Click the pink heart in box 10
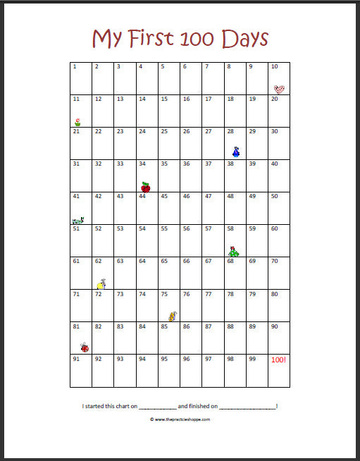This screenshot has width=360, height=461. (280, 89)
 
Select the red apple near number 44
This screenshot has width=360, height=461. (146, 187)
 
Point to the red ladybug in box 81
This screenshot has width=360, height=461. (85, 347)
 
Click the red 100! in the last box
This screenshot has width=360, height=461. (279, 359)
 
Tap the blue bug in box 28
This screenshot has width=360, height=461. (236, 152)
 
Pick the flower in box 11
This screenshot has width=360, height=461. (77, 122)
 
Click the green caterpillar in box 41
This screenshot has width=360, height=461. (77, 220)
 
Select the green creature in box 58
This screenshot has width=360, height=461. (235, 250)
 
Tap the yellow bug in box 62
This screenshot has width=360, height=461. (101, 283)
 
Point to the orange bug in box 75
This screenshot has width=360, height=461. (170, 316)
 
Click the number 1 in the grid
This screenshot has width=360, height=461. (74, 67)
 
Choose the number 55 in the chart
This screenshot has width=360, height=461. (164, 229)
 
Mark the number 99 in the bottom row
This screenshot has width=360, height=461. (252, 359)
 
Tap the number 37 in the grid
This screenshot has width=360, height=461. (208, 164)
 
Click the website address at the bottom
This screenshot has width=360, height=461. (180, 419)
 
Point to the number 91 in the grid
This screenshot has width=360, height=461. (76, 359)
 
